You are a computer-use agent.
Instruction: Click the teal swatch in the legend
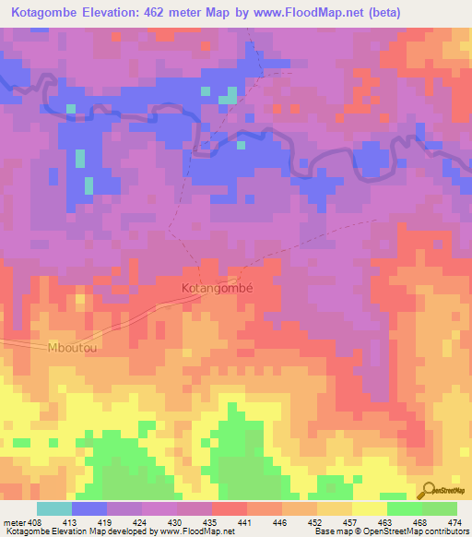[54, 508]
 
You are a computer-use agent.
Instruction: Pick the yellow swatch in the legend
[370, 508]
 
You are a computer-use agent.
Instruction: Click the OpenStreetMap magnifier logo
[431, 489]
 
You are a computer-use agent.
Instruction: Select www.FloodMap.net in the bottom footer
[184, 531]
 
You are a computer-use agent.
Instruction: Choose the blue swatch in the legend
[89, 508]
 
